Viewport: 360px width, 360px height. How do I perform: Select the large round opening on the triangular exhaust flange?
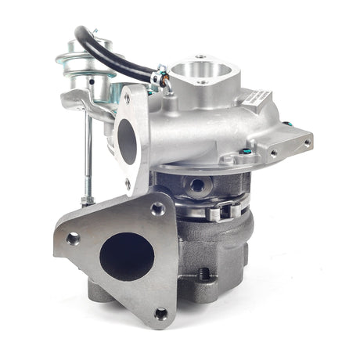pos(128,256)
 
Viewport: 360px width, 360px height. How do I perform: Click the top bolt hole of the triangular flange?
pos(157,209)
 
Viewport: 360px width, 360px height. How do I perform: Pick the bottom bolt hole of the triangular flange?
pos(160,313)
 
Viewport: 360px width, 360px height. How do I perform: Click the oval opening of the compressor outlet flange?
pos(127,141)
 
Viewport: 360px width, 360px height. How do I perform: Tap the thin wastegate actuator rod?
pos(88,157)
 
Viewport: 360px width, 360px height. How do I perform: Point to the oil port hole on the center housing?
pos(197,185)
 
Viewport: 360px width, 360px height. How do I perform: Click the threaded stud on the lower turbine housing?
pos(206,275)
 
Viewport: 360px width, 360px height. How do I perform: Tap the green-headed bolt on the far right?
pos(289,124)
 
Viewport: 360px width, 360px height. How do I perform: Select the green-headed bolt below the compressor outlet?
pos(248,150)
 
